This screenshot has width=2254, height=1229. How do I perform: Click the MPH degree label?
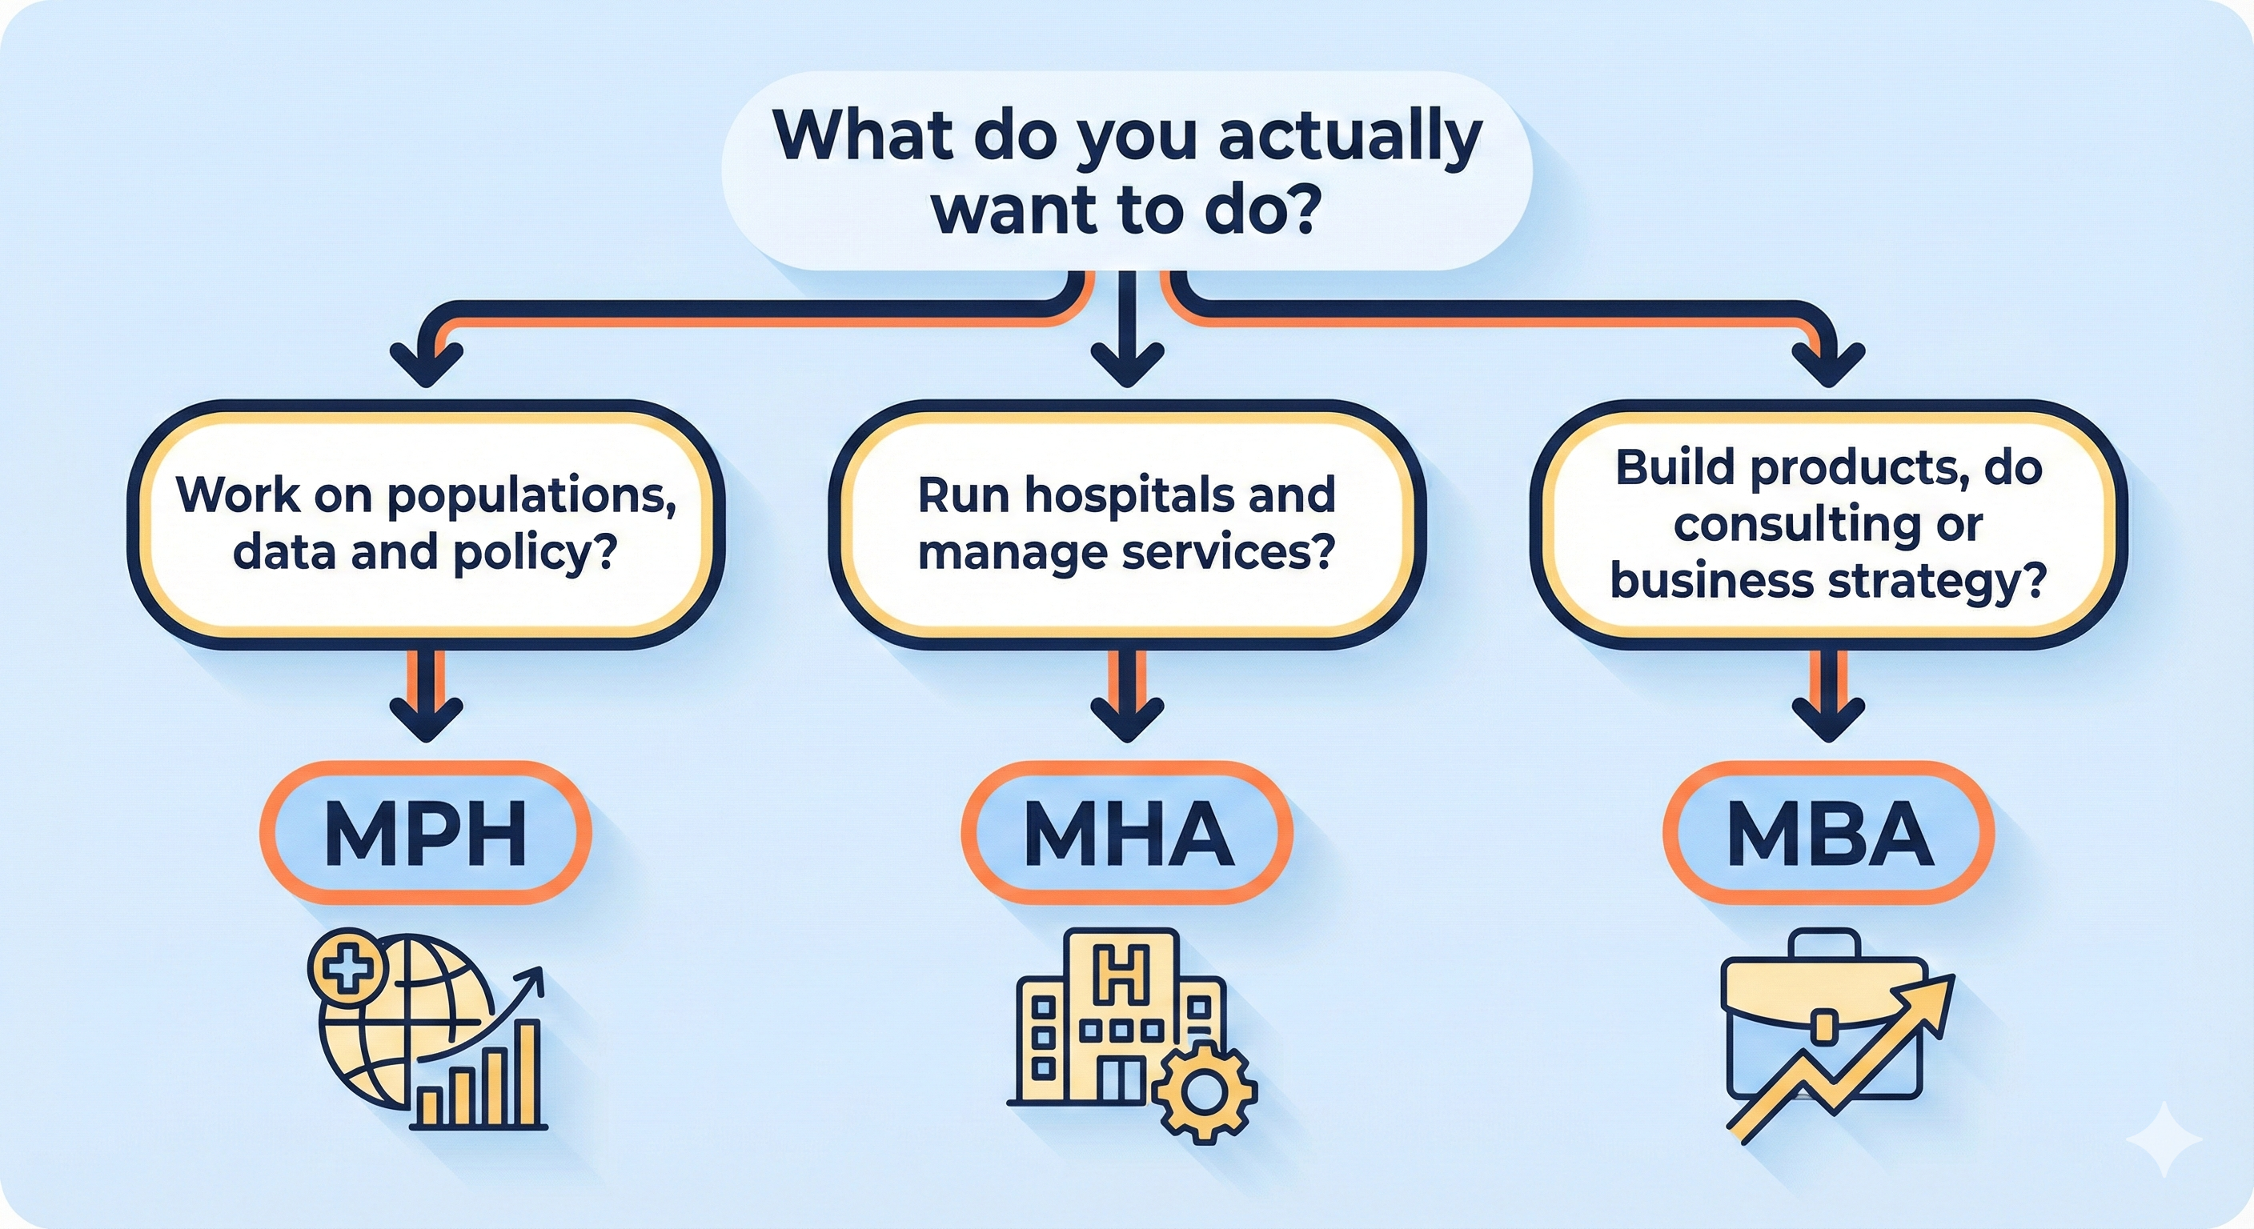pos(425,833)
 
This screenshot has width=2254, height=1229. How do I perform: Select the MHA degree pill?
pos(1127,833)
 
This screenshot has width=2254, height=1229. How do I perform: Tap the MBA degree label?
pos(1829,833)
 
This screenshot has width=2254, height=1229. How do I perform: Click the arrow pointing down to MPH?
pos(426,695)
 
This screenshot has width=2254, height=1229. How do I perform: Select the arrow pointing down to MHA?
pos(1128,695)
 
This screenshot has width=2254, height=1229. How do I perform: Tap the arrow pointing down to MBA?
pos(1829,695)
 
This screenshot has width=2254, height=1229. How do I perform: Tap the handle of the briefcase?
pos(1825,946)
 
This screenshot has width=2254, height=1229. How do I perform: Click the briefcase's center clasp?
pos(1823,1026)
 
